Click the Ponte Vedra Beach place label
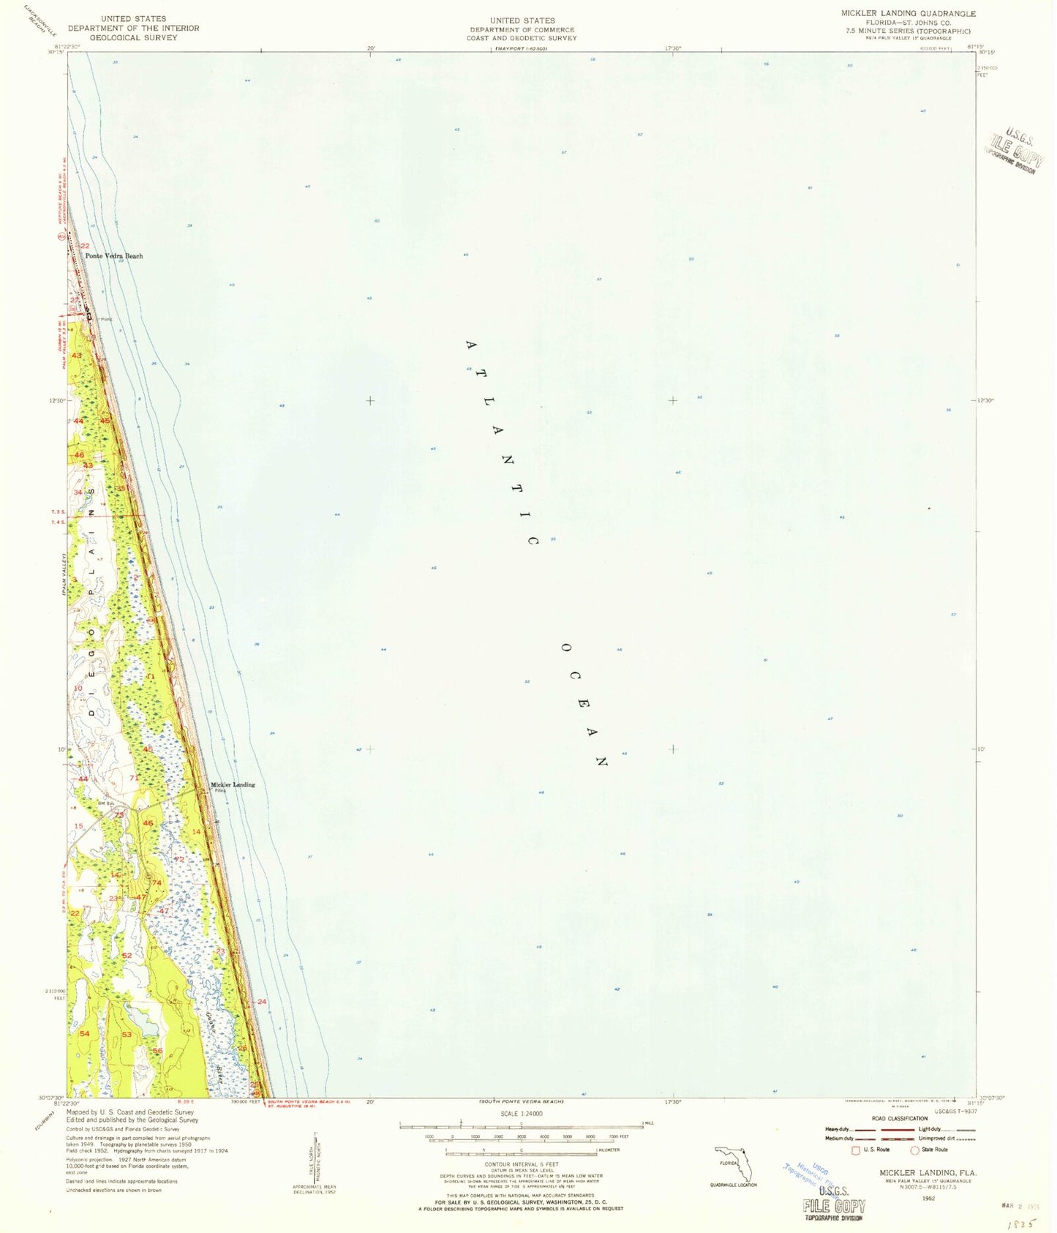pyautogui.click(x=114, y=256)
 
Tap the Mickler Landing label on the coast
pyautogui.click(x=233, y=784)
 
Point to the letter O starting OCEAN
pyautogui.click(x=565, y=648)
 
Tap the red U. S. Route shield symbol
pyautogui.click(x=857, y=1150)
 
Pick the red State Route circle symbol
pyautogui.click(x=914, y=1150)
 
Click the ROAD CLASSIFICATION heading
pyautogui.click(x=899, y=1118)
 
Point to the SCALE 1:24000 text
pyautogui.click(x=522, y=1113)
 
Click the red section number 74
pyautogui.click(x=156, y=882)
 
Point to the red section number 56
pyautogui.click(x=157, y=1051)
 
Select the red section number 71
pyautogui.click(x=134, y=777)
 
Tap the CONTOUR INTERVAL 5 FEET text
pyautogui.click(x=522, y=1163)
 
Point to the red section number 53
pyautogui.click(x=127, y=1034)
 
